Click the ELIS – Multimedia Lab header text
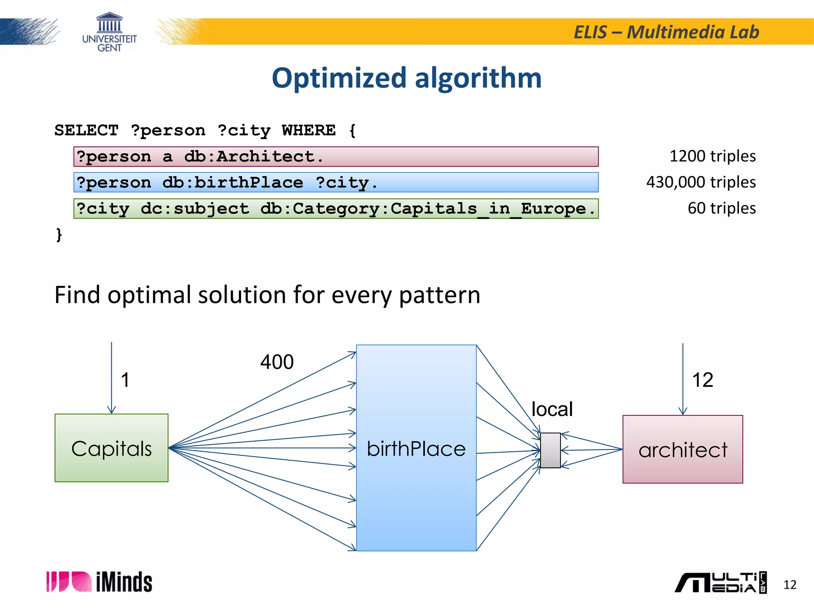[x=666, y=32]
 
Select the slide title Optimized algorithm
[x=407, y=78]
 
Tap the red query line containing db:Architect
[x=336, y=156]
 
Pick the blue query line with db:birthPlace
[x=336, y=182]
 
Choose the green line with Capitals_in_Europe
[x=336, y=208]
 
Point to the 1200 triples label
[x=712, y=156]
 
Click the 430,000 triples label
[x=701, y=182]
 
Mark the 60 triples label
[x=721, y=208]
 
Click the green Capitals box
[x=111, y=448]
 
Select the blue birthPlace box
[x=416, y=448]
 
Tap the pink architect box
[x=682, y=449]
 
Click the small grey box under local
[x=550, y=450]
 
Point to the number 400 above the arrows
[x=277, y=362]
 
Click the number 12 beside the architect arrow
[x=702, y=380]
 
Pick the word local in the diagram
[x=552, y=409]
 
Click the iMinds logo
[x=99, y=582]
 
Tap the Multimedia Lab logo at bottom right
[x=720, y=583]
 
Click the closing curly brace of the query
[x=59, y=234]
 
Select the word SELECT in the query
[x=86, y=130]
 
